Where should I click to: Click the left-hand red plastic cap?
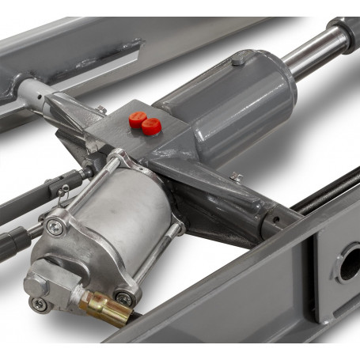(138, 119)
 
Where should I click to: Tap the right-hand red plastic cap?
(151, 126)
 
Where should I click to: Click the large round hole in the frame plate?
(348, 266)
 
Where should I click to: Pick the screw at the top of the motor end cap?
(54, 227)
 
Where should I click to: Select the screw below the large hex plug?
(38, 304)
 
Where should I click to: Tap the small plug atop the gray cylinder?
(237, 60)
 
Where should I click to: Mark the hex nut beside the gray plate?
(102, 110)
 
